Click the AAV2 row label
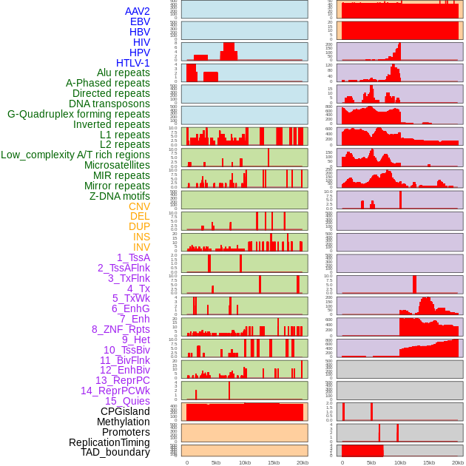pyautogui.click(x=137, y=11)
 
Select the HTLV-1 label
pyautogui.click(x=132, y=63)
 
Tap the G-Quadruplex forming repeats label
pyautogui.click(x=78, y=114)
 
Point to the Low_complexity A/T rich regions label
pyautogui.click(x=75, y=155)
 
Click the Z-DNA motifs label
pyautogui.click(x=119, y=196)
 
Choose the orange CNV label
pyautogui.click(x=139, y=206)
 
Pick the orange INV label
pyautogui.click(x=141, y=247)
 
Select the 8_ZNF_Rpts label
pyautogui.click(x=121, y=329)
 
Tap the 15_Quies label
pyautogui.click(x=127, y=401)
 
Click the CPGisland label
pyautogui.click(x=125, y=411)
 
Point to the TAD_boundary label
pyautogui.click(x=115, y=452)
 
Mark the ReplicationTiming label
pyautogui.click(x=109, y=442)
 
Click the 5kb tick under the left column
pyautogui.click(x=216, y=462)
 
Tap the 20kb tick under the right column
pyautogui.click(x=458, y=462)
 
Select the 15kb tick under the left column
pyautogui.click(x=274, y=462)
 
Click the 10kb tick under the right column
pyautogui.click(x=400, y=462)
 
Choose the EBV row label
pyautogui.click(x=140, y=21)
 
